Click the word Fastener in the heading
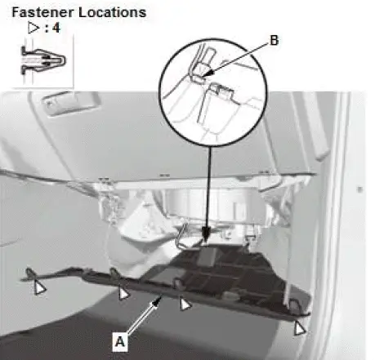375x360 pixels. (x=42, y=12)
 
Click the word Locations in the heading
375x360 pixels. (x=112, y=12)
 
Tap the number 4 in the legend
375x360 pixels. (x=56, y=28)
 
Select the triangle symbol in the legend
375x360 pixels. (x=33, y=28)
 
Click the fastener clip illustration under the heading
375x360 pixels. (x=43, y=60)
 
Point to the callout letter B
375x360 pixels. (x=275, y=40)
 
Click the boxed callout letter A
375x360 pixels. (x=120, y=341)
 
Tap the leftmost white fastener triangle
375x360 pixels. (x=40, y=287)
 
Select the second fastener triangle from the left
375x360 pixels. (x=123, y=293)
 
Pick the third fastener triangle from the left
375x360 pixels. (x=185, y=304)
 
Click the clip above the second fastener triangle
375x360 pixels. (x=114, y=273)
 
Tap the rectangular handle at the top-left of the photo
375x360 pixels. (x=70, y=104)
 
